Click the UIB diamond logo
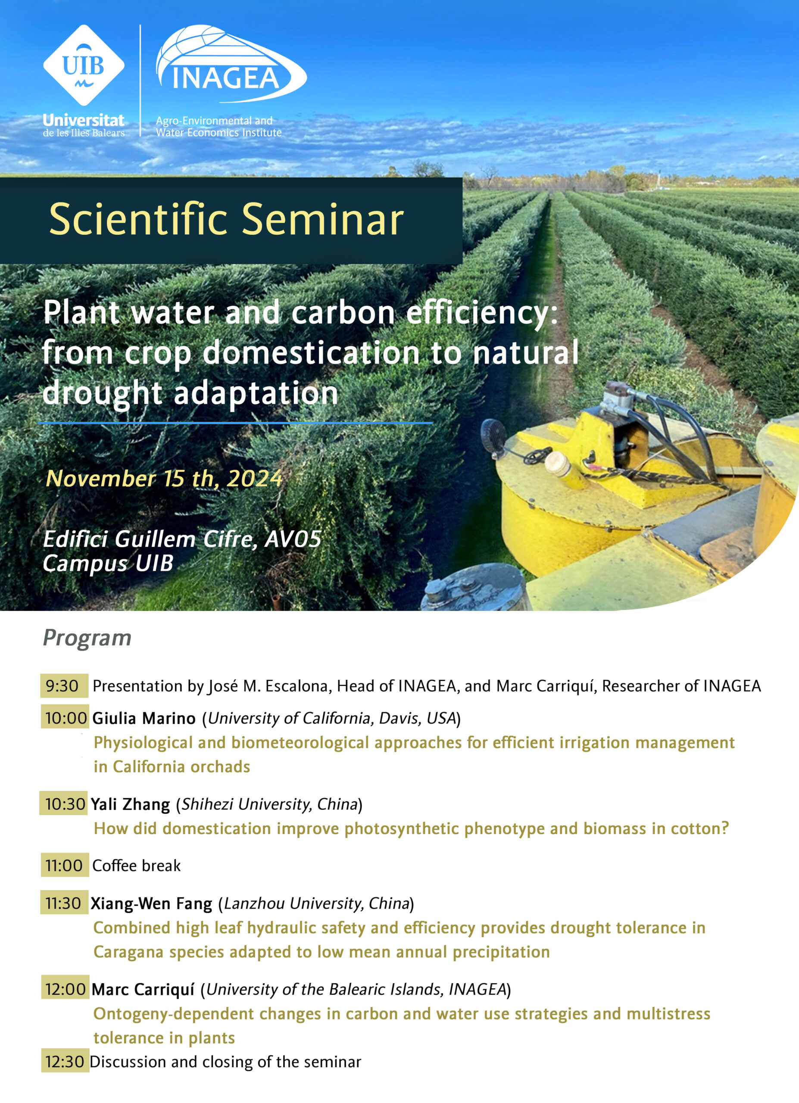click(x=84, y=65)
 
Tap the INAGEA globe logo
click(x=231, y=64)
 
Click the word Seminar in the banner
click(x=322, y=219)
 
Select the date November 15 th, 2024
click(x=164, y=479)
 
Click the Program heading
click(x=87, y=638)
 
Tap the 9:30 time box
click(x=64, y=686)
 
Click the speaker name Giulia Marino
click(x=144, y=718)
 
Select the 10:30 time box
click(x=64, y=803)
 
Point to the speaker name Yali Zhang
click(x=130, y=805)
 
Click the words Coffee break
click(x=136, y=866)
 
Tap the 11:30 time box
click(x=64, y=903)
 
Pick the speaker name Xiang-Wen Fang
click(x=152, y=904)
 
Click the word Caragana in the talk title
click(x=129, y=952)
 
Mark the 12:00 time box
click(x=65, y=989)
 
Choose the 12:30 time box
click(x=65, y=1061)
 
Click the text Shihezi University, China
click(x=270, y=804)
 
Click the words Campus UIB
click(x=108, y=563)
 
